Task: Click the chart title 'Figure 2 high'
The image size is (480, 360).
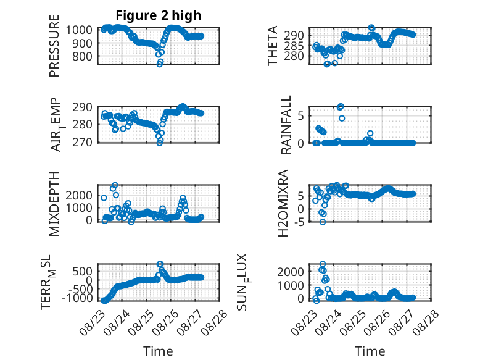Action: click(x=159, y=15)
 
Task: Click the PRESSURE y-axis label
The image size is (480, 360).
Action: click(x=54, y=46)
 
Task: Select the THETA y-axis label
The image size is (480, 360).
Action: click(x=273, y=46)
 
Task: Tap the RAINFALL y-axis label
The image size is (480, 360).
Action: click(x=286, y=125)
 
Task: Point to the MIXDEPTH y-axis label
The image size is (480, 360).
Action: click(x=54, y=203)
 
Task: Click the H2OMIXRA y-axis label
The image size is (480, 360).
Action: click(x=283, y=203)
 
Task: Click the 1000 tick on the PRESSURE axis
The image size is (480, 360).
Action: click(x=79, y=30)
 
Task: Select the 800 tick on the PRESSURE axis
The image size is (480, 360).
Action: click(x=82, y=56)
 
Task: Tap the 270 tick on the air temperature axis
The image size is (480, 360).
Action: click(x=82, y=143)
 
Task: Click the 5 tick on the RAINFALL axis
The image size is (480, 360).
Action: click(x=301, y=116)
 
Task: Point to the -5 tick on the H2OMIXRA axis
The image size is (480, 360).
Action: click(x=299, y=222)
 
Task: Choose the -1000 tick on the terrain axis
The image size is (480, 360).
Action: click(x=77, y=298)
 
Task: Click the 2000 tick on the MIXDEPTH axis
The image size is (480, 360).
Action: click(x=79, y=195)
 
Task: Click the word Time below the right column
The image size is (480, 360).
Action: click(x=370, y=351)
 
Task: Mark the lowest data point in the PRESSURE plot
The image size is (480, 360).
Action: click(x=160, y=64)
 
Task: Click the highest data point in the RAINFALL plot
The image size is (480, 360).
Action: click(x=341, y=107)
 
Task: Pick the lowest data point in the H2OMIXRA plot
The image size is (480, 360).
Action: click(x=323, y=222)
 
